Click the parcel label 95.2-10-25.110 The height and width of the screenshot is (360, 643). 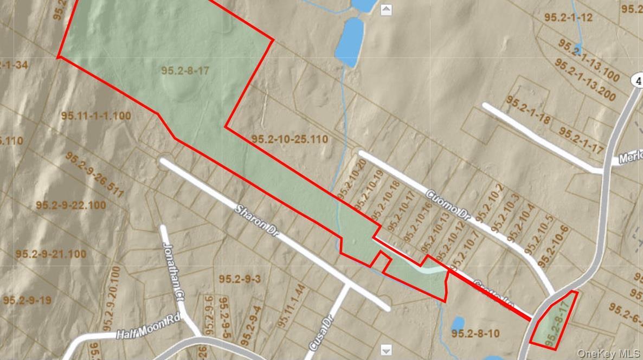tap(290, 139)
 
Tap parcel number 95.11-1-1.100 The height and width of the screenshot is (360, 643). tap(95, 115)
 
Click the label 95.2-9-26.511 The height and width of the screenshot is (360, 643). tap(94, 173)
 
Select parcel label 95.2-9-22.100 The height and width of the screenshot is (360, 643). tap(71, 205)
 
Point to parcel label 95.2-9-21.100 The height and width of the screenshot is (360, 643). tap(50, 253)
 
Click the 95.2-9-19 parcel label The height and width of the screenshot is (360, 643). tap(27, 300)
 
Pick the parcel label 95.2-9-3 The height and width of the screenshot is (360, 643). tap(240, 279)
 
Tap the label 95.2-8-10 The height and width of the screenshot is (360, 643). tap(475, 333)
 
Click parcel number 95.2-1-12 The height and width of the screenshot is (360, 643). tap(568, 17)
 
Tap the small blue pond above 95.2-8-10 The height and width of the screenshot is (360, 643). tap(458, 323)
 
